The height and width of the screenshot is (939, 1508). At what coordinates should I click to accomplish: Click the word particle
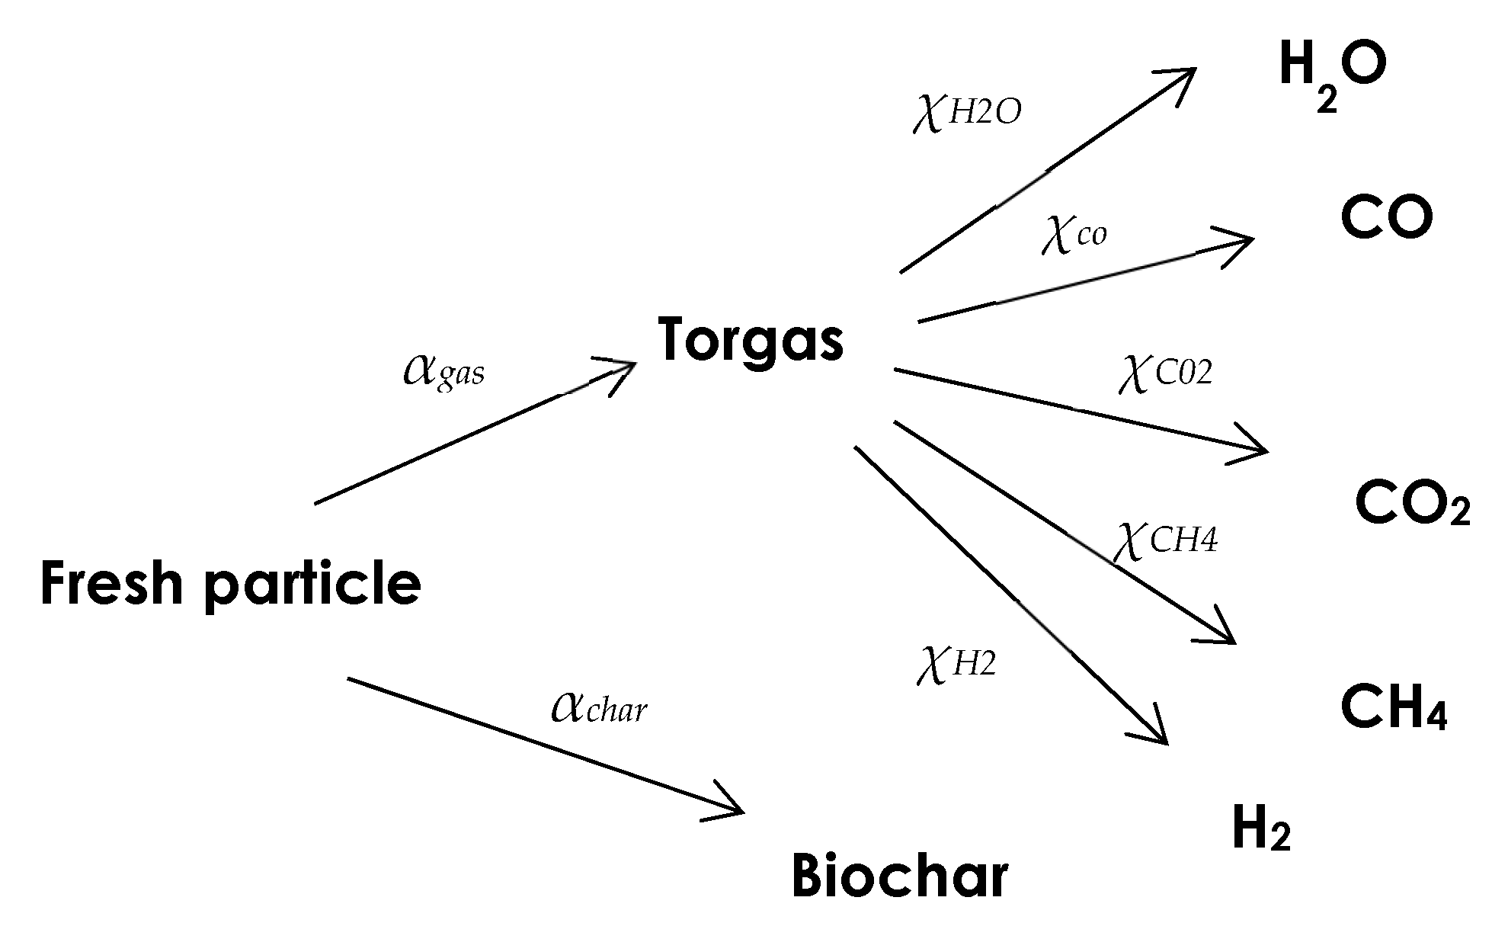tap(312, 585)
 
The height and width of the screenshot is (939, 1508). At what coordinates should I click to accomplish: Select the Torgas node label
tap(751, 340)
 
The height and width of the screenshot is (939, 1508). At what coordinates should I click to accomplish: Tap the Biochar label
tap(899, 876)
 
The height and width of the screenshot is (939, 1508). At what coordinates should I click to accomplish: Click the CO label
tap(1386, 218)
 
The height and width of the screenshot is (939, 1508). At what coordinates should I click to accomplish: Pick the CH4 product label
tap(1393, 707)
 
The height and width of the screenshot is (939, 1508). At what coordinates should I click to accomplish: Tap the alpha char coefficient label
tap(599, 707)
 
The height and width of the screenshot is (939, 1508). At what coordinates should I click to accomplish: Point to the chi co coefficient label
tap(1074, 233)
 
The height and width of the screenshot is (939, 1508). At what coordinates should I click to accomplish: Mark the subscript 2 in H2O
tap(1326, 100)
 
